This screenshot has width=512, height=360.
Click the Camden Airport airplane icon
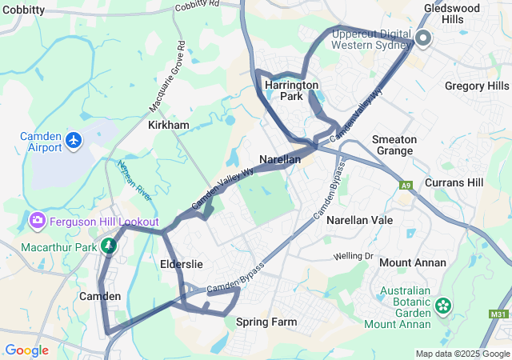click(75, 141)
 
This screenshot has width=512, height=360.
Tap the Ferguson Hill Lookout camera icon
click(36, 220)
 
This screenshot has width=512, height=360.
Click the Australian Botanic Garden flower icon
click(443, 305)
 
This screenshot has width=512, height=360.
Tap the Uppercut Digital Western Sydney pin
click(423, 37)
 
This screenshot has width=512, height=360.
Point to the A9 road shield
click(406, 186)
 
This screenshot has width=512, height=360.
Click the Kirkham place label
click(168, 126)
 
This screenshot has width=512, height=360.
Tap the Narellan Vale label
click(359, 218)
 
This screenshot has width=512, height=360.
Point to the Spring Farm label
click(266, 322)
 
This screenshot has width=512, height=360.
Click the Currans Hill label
click(454, 182)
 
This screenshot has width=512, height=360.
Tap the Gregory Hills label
click(476, 86)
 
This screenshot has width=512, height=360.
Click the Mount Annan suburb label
click(412, 262)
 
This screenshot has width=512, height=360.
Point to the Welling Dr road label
click(354, 256)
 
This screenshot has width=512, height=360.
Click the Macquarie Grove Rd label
click(167, 77)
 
